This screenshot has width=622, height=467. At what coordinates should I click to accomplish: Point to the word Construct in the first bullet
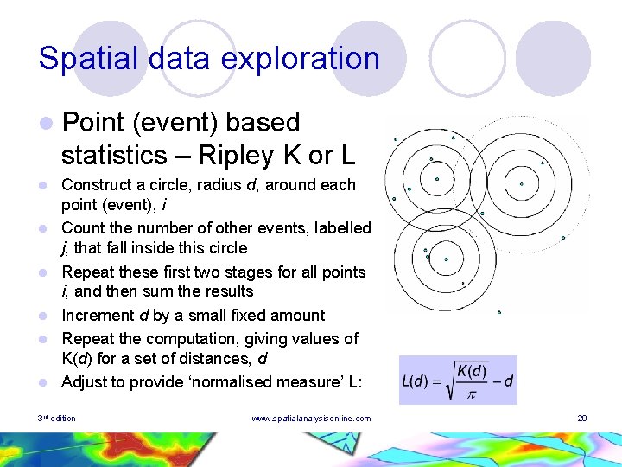point(98,184)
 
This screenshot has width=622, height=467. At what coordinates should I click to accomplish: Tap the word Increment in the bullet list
point(98,315)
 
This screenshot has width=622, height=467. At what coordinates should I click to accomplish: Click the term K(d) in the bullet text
point(81,359)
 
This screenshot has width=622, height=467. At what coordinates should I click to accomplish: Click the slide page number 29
point(582,419)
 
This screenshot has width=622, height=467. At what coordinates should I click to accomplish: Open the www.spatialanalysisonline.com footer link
point(310,419)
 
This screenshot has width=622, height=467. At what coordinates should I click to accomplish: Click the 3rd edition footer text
point(57,419)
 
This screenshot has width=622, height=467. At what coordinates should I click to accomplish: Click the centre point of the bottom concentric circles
point(447,259)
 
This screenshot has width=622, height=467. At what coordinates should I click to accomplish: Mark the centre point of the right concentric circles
point(521,183)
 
